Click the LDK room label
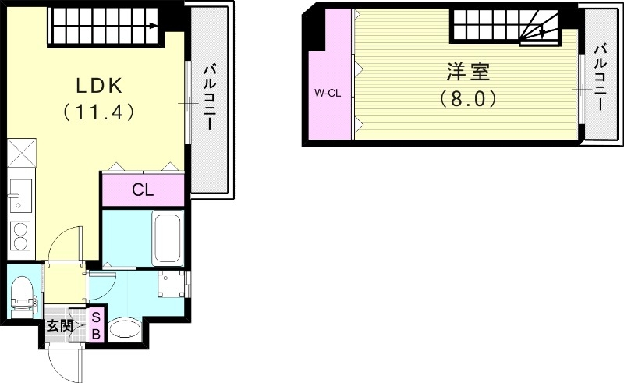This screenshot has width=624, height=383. point(99,85)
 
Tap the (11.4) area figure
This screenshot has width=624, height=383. point(98,112)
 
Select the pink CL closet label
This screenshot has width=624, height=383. point(143,190)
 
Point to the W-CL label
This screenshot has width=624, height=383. point(328,94)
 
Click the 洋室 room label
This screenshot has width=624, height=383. point(468,72)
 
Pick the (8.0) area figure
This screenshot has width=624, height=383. point(468,98)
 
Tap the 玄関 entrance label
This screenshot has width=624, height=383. point(60,327)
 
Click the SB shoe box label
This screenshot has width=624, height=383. point(96,326)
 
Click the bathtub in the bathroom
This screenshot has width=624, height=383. point(168,238)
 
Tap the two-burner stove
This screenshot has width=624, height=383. point(20,236)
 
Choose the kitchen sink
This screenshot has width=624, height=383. point(20,196)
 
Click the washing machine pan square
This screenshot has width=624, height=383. point(172,284)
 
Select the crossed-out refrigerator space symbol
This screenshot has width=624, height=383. point(22,152)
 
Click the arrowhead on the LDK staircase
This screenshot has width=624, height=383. point(153,27)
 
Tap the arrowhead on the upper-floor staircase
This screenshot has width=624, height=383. point(542,34)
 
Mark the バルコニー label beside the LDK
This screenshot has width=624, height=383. point(210,98)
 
